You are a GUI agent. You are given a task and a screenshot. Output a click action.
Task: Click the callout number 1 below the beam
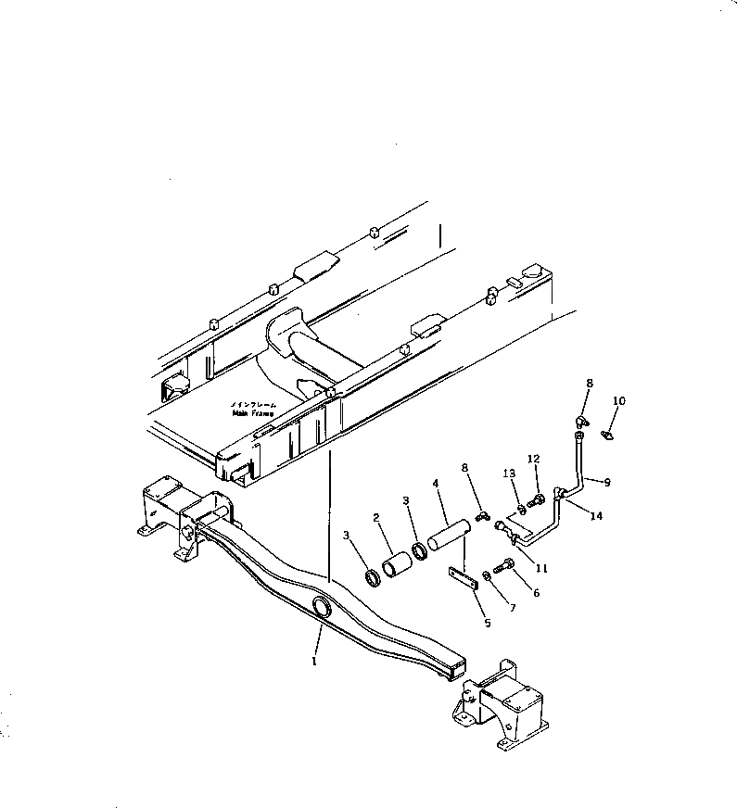click(x=314, y=662)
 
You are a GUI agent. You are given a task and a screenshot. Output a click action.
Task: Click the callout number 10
click(x=619, y=401)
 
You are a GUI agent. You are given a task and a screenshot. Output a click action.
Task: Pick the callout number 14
click(x=597, y=516)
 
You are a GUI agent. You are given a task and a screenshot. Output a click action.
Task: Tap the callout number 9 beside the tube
click(x=607, y=481)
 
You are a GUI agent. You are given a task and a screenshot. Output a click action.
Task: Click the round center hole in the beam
click(x=323, y=607)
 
